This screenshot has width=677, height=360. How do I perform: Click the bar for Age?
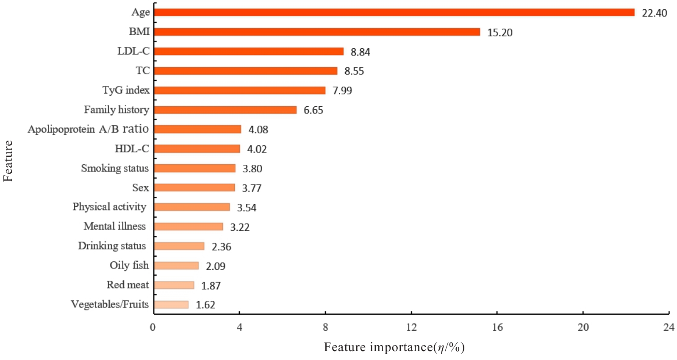coord(394,12)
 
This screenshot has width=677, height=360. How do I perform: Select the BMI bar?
coord(317,32)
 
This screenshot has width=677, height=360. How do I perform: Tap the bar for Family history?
coord(225,110)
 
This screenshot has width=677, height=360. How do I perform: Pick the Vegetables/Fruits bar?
coord(171,305)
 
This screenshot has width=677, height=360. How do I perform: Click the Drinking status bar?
coord(179,246)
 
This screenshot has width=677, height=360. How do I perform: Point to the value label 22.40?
coord(654,13)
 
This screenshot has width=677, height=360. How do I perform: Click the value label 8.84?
coord(360,52)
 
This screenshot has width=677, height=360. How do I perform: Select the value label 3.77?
coord(252,188)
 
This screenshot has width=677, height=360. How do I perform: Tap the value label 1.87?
coord(211,286)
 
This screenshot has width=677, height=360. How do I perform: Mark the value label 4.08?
coord(258,130)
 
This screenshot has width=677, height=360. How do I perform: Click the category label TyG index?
coord(126,90)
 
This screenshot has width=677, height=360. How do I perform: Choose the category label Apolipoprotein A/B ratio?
coord(88,129)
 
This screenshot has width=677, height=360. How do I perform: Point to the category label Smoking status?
coord(115,168)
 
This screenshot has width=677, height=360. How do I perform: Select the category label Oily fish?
coord(129,265)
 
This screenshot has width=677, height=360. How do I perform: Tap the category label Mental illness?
coord(115,226)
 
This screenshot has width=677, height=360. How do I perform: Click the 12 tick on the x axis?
coord(411,327)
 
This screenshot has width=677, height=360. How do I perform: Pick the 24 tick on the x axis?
coord(669,327)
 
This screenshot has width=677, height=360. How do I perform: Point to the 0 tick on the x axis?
coord(153,327)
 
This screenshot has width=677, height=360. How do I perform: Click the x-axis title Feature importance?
coord(394,347)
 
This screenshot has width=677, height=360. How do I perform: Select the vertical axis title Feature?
coord(8,161)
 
